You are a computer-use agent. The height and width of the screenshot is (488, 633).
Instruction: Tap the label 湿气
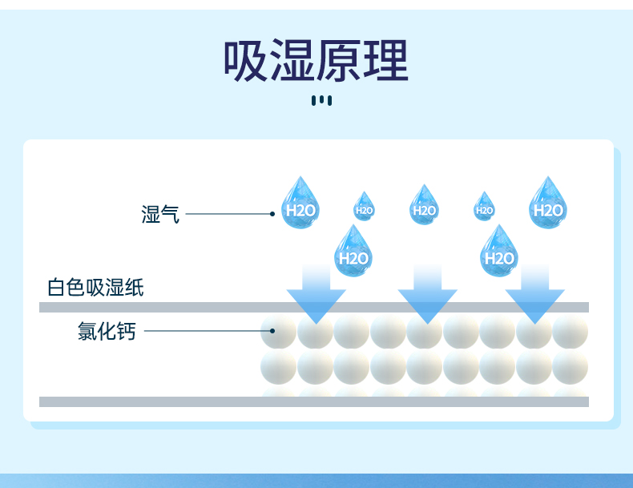(x=160, y=214)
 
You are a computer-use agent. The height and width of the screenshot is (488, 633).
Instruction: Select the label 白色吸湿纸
(x=95, y=287)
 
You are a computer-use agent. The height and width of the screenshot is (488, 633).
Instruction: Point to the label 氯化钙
(x=107, y=330)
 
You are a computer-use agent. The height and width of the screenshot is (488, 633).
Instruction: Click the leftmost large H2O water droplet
(x=302, y=204)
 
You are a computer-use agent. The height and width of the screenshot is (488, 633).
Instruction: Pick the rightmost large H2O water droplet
(x=548, y=204)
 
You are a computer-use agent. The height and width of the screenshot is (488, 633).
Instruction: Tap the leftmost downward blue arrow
(x=316, y=292)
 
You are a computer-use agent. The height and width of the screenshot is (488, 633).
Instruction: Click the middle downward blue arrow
(x=427, y=292)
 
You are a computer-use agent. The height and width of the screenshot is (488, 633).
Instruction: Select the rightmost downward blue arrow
(x=534, y=292)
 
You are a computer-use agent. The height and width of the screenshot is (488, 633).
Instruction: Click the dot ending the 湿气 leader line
(x=272, y=214)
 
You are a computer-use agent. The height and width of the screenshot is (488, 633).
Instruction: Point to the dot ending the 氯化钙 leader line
(x=272, y=330)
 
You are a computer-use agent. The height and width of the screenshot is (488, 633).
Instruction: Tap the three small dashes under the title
(x=321, y=100)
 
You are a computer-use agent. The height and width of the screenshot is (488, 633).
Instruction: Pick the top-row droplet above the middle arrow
(x=424, y=206)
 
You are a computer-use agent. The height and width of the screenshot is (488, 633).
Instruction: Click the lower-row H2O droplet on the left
(x=353, y=252)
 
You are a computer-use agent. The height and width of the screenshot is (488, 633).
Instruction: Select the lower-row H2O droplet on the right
(x=499, y=252)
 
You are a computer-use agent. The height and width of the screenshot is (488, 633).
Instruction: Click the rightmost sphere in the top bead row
(x=571, y=331)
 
